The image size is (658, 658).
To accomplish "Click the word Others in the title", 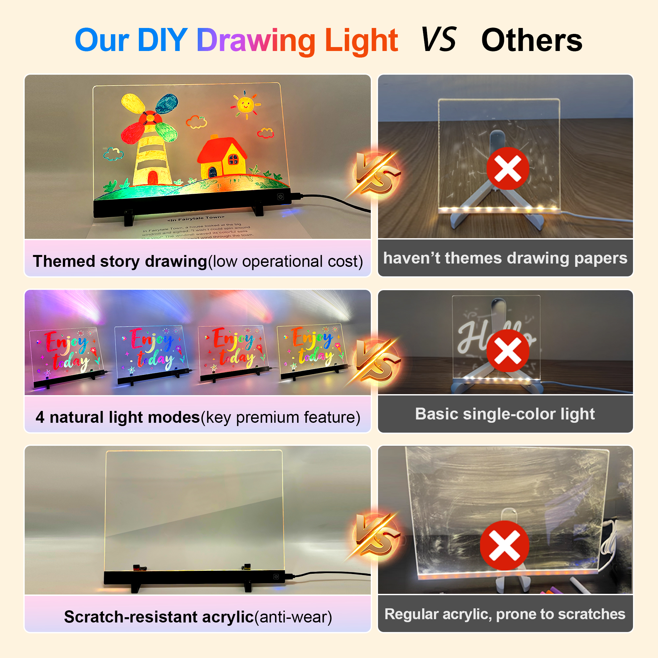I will [x=532, y=41].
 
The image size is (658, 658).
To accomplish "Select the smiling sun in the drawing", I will [x=245, y=104].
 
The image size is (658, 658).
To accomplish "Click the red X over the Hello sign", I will [x=507, y=351].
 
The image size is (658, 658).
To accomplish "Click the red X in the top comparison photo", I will [x=507, y=168].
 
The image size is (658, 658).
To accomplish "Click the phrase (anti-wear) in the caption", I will [x=293, y=617].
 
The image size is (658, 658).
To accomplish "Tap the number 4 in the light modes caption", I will [x=40, y=417].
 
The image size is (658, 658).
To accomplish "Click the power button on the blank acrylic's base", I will [x=276, y=577].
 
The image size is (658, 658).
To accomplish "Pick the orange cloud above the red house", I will [x=196, y=122].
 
